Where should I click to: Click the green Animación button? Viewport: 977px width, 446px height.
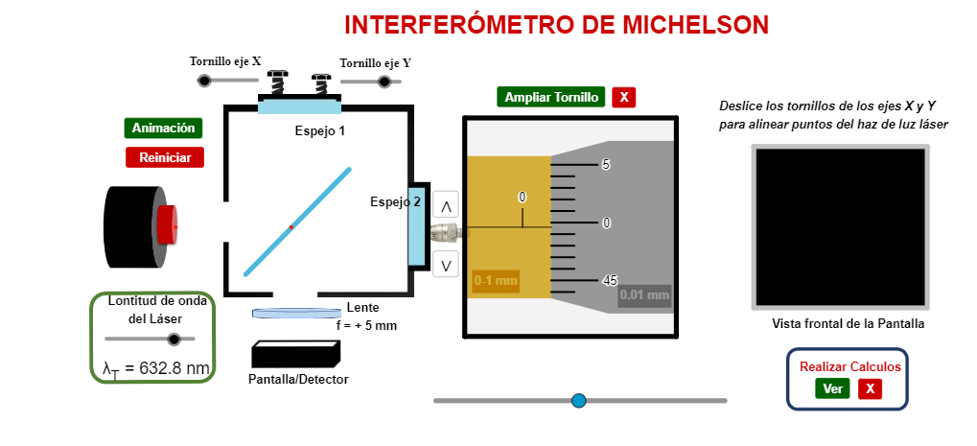(163, 128)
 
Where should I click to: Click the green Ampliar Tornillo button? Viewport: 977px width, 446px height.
(551, 97)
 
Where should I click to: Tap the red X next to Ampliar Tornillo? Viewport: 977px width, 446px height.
(624, 97)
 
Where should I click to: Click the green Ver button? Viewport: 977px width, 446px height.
(832, 388)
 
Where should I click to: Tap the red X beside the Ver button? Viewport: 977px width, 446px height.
(869, 388)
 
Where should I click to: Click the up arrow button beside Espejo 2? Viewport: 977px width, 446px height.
(446, 205)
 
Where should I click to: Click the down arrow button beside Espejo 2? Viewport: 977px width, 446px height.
(446, 264)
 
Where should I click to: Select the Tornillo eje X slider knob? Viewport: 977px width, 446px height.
(204, 81)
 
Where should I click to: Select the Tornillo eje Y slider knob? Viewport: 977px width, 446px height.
(384, 82)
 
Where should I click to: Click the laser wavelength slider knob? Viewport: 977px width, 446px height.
(174, 339)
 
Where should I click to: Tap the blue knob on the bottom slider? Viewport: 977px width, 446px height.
(578, 400)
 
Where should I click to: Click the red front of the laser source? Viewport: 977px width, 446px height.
(168, 224)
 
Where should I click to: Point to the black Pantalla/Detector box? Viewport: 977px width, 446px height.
(295, 355)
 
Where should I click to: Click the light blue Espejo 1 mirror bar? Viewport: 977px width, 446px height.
(298, 106)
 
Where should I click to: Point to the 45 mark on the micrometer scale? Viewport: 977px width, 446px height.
(609, 280)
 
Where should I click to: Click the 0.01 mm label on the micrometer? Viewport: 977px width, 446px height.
(644, 294)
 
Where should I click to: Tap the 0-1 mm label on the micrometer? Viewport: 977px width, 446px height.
(496, 281)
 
